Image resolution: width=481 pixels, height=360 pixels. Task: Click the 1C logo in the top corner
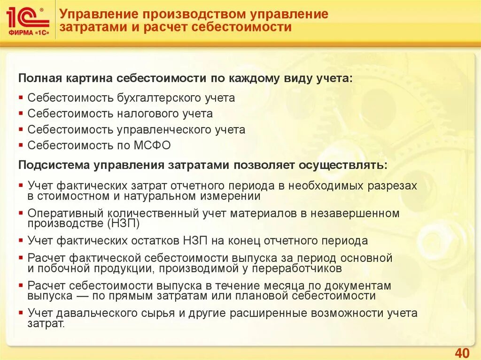point(27,21)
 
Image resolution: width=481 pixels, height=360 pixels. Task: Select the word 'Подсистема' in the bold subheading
point(54,165)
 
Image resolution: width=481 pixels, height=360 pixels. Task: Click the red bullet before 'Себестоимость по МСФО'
point(22,146)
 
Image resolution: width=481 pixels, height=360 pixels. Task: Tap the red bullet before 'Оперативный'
point(22,214)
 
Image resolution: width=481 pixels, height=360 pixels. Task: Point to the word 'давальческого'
point(99,313)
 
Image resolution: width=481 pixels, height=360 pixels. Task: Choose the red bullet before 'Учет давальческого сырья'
point(22,313)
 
